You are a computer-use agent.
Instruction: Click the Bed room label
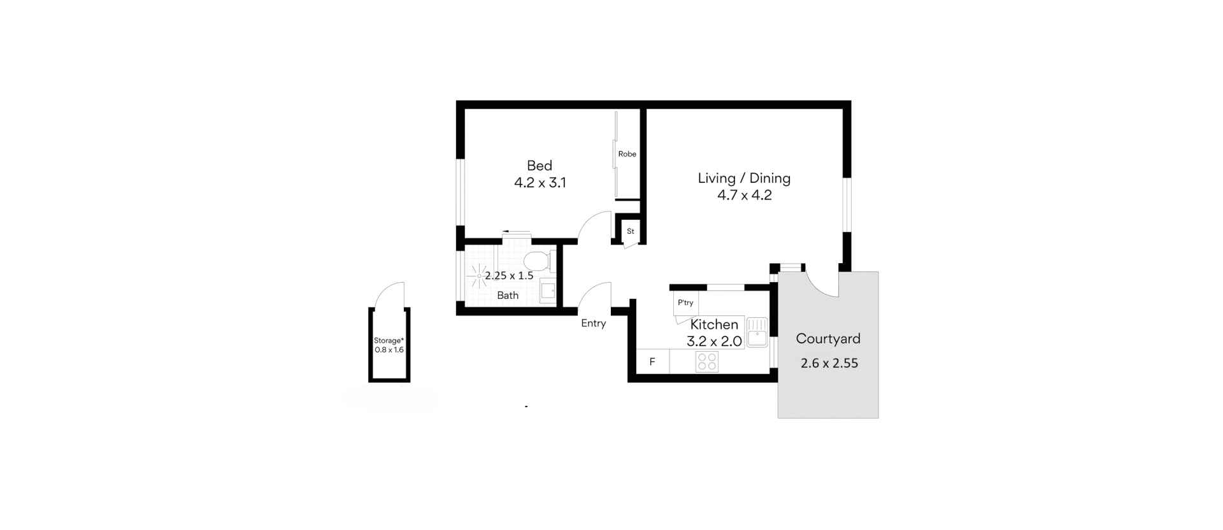tap(540, 166)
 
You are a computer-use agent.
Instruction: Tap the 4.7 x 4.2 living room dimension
tap(744, 195)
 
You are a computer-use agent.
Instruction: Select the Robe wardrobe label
tap(627, 154)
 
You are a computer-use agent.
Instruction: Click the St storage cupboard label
tap(631, 231)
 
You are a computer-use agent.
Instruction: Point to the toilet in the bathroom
tap(538, 261)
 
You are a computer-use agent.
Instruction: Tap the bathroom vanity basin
tap(548, 291)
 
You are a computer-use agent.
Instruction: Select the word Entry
tap(594, 324)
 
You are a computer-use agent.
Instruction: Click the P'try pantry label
tap(685, 303)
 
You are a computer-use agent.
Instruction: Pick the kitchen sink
tap(757, 333)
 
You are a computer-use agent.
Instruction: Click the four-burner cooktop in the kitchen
tap(707, 362)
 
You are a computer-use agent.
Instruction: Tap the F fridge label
tap(652, 362)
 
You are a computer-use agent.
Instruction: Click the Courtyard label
tap(828, 339)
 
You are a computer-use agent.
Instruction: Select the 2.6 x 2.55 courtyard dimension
tap(829, 363)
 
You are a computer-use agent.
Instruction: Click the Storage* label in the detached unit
tap(389, 341)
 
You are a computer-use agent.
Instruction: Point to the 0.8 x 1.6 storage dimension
tap(389, 350)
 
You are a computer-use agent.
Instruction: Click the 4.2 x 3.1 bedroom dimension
tap(540, 183)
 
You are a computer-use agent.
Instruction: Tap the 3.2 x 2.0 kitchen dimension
tap(714, 341)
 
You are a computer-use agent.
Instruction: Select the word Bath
tap(508, 296)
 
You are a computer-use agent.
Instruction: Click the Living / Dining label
tap(744, 178)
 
